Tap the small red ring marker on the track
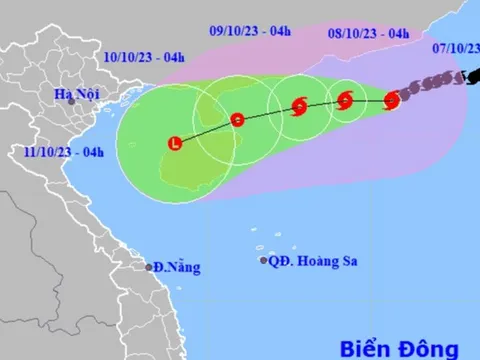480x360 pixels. click(237, 120)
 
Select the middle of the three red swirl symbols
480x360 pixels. click(346, 99)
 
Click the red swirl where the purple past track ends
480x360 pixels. click(391, 99)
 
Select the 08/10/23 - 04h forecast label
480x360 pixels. click(368, 33)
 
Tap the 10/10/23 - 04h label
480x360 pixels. click(144, 57)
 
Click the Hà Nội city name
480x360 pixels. click(77, 94)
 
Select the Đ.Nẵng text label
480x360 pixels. click(177, 267)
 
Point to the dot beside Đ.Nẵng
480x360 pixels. click(148, 267)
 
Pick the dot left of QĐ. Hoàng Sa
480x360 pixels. click(264, 261)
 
